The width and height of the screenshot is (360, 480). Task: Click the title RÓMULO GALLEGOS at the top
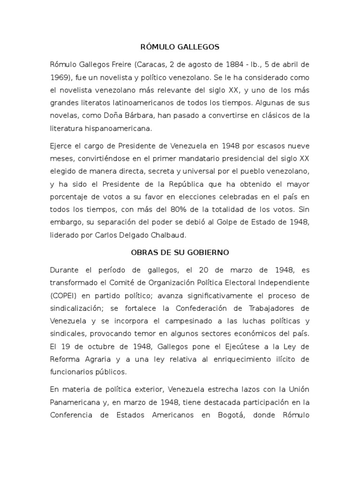pyautogui.click(x=180, y=47)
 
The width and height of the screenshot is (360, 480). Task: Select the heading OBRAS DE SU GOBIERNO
pyautogui.click(x=180, y=253)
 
